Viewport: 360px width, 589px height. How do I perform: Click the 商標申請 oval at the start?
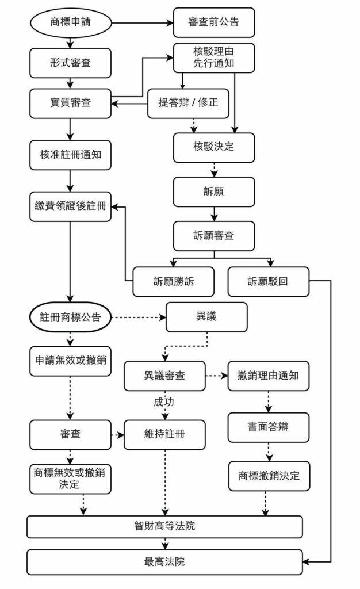pos(71,22)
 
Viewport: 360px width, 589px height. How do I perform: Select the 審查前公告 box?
pos(213,22)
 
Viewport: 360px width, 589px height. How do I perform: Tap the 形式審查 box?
pos(71,63)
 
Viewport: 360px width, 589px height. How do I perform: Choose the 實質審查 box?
pos(71,104)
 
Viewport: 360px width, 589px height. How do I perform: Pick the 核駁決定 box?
pos(213,147)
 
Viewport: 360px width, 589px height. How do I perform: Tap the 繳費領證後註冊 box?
pos(71,206)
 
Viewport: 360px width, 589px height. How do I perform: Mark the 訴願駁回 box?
pos(268,281)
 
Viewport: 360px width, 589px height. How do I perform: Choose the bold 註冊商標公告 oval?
pos(71,317)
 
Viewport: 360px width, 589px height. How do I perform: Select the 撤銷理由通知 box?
pos(268,376)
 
